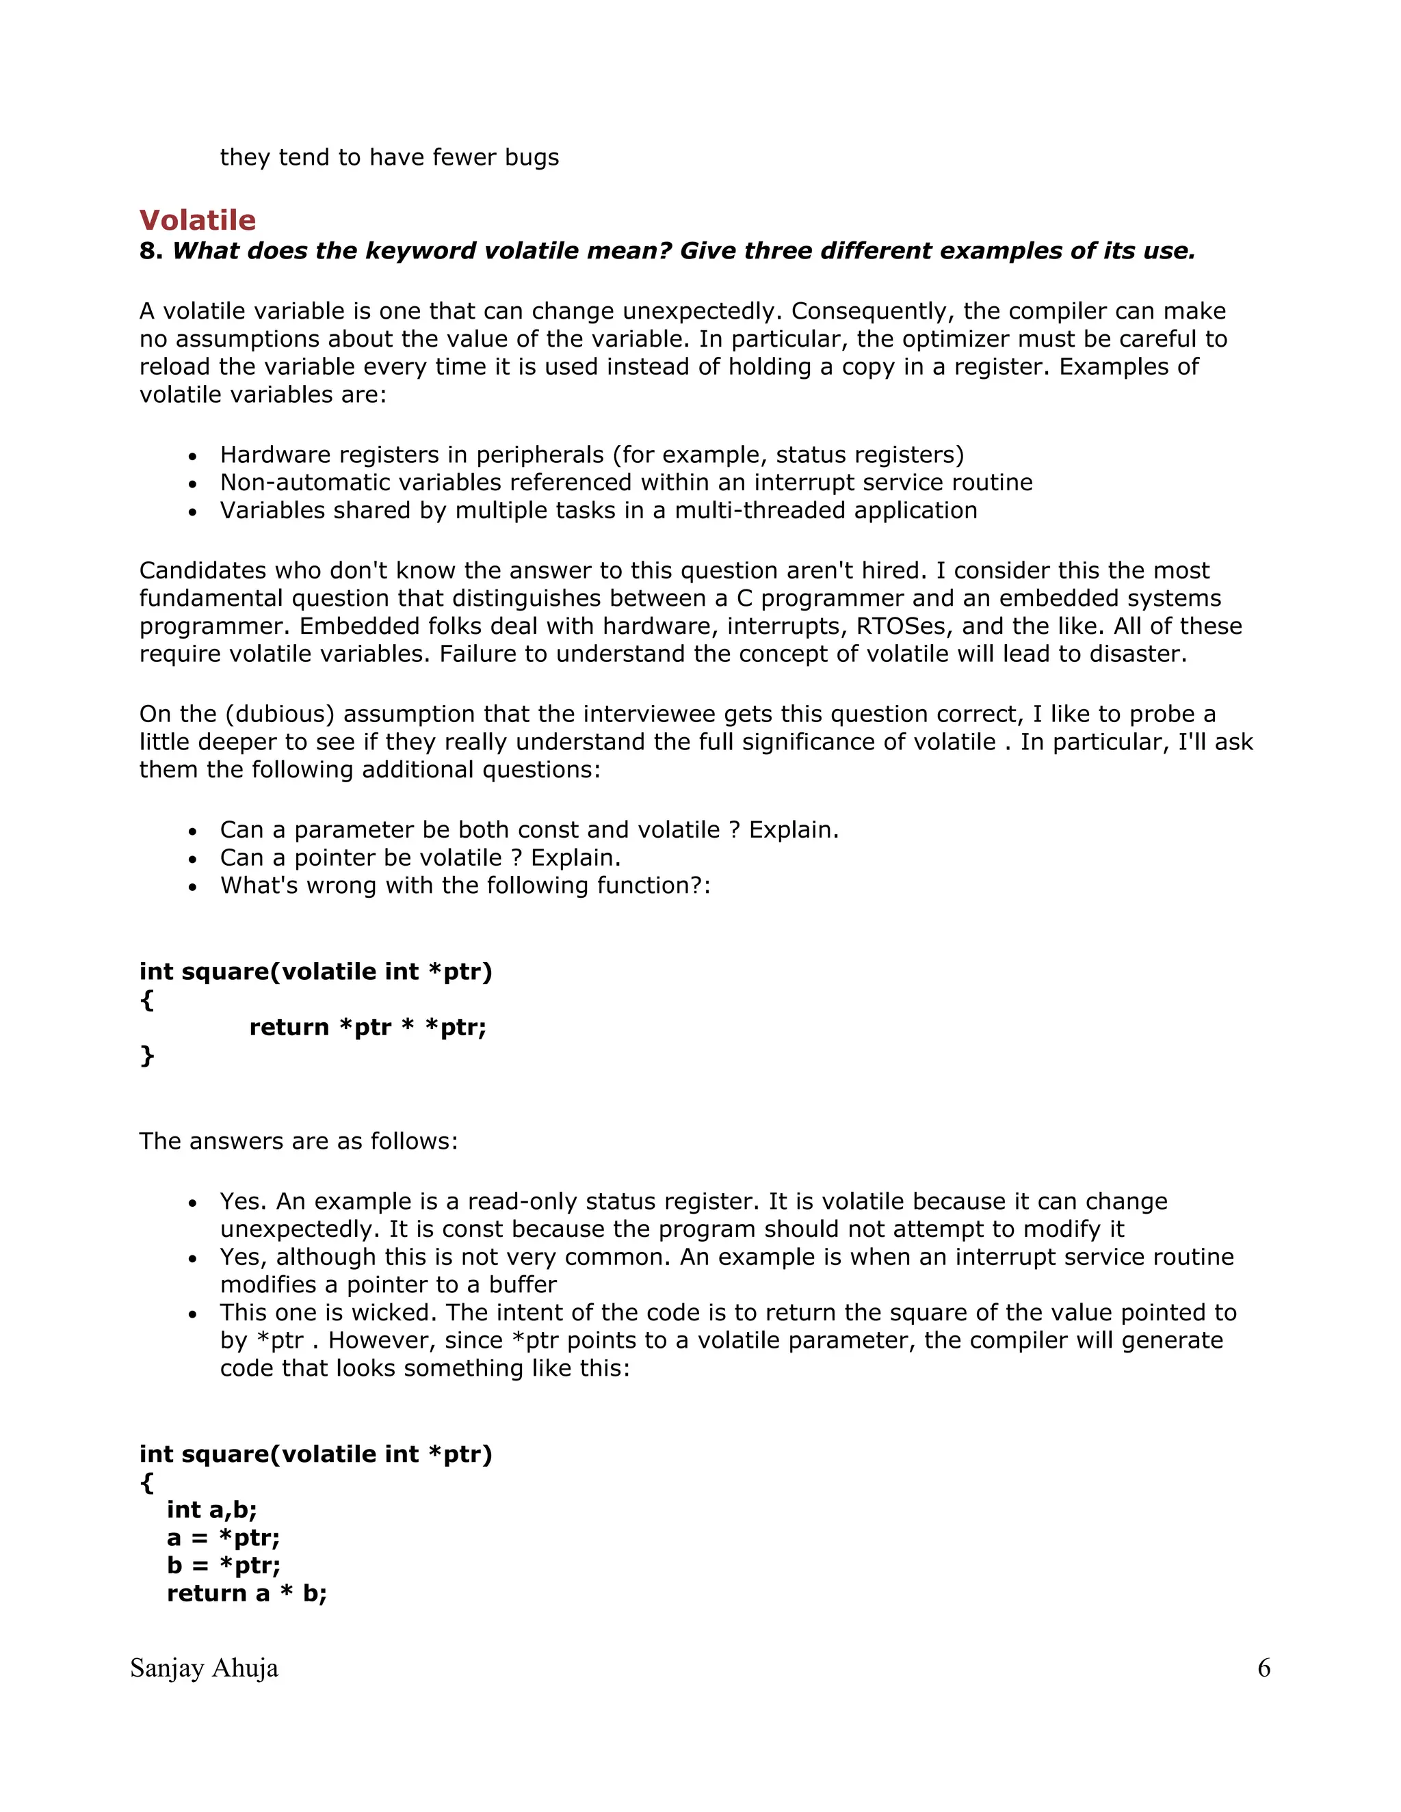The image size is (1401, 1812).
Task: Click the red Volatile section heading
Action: (198, 220)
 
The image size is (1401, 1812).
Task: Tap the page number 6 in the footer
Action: (1263, 1668)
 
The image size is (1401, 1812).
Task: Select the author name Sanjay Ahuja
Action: (204, 1668)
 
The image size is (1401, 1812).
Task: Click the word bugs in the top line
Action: (531, 158)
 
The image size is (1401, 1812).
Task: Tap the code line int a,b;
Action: (211, 1509)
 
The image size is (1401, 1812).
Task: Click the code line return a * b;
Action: (246, 1593)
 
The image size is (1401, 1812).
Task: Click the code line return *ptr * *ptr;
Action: (367, 1027)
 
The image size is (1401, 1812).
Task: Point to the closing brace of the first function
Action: (147, 1055)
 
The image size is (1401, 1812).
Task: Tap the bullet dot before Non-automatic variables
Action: (192, 483)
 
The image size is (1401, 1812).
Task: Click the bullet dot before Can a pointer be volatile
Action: (192, 859)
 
